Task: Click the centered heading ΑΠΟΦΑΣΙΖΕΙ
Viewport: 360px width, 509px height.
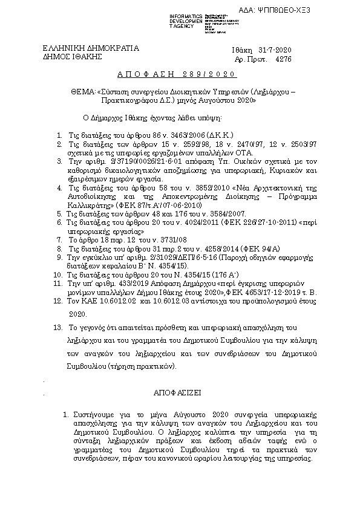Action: (180, 392)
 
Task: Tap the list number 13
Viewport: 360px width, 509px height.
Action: (57, 326)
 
